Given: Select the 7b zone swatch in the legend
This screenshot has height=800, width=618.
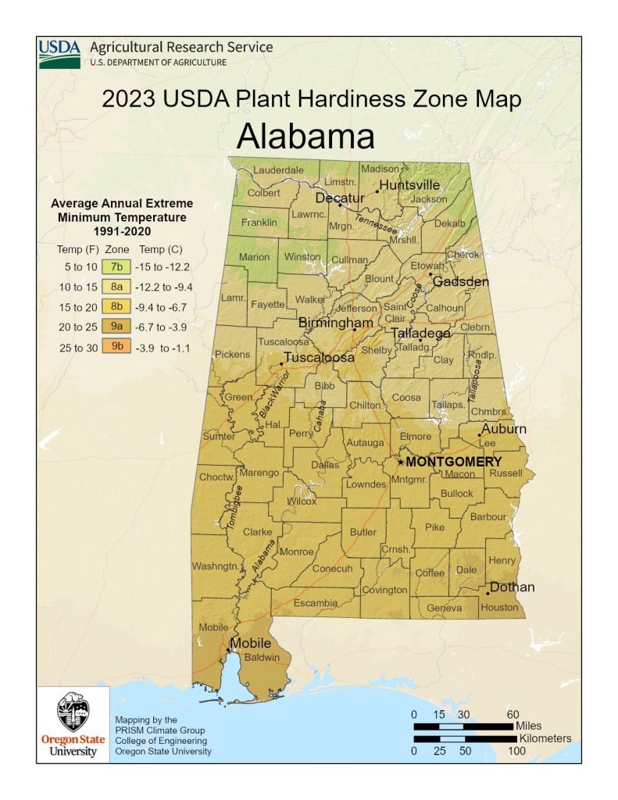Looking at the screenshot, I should [118, 266].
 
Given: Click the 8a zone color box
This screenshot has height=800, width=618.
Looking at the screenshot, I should [118, 287].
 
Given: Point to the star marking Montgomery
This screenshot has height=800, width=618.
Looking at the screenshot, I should [401, 462].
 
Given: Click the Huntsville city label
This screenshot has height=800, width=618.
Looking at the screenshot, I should [409, 185].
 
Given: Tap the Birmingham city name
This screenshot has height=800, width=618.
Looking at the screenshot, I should [336, 323].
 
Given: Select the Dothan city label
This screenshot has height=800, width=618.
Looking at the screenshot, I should [512, 587].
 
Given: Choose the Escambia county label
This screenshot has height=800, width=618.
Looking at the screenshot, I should [315, 603].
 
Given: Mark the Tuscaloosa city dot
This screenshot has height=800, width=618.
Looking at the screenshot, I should [281, 363].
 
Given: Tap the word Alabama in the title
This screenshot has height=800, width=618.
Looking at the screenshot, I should [305, 137].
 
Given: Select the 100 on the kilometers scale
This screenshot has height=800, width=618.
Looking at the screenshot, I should [516, 751].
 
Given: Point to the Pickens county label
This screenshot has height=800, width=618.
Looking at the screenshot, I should [232, 354].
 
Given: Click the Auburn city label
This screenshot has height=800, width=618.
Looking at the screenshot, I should [503, 429].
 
